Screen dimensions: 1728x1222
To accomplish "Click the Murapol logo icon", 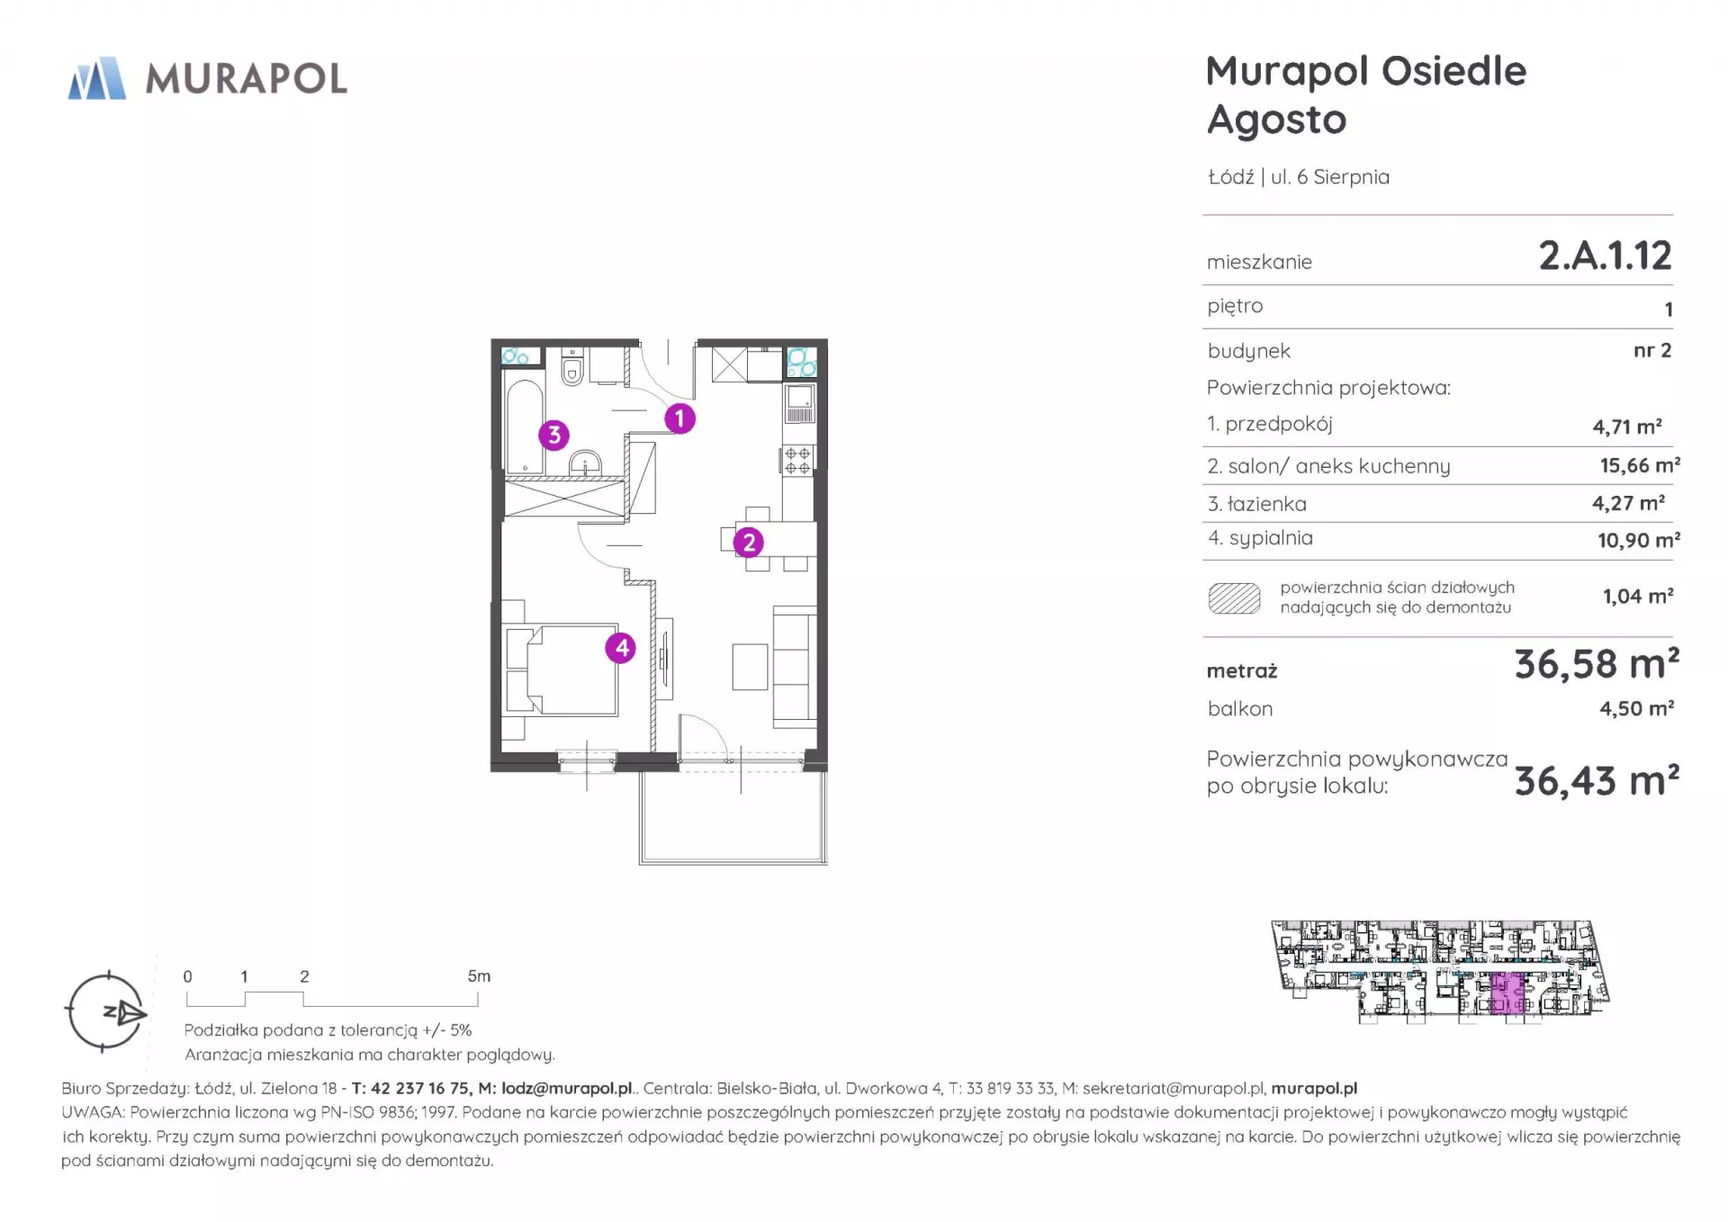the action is coord(97,78).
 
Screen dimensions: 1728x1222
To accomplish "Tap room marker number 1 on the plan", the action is coord(679,418).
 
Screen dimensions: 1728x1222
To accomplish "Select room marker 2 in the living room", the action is coord(749,543).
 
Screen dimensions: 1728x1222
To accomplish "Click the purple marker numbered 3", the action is coord(554,436).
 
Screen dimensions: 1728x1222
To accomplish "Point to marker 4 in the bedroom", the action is coord(621,648).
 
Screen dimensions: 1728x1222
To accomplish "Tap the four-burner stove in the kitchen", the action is coord(797,461).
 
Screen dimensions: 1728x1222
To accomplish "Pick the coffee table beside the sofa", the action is coord(750,667).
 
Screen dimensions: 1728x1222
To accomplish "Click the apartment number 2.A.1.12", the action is coord(1605,256).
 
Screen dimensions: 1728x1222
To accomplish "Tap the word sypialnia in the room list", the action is coord(1271,538).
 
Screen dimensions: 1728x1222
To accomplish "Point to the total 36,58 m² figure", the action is coord(1597,665).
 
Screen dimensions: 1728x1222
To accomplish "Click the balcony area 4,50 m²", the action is coord(1636,708).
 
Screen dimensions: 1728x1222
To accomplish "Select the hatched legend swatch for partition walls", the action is coord(1234,598).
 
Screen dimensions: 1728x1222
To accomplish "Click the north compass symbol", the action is coord(106,1012).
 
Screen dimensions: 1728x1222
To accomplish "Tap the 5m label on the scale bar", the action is coord(479,976).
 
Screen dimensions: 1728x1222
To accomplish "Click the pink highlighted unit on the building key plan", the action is coord(1507,993).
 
